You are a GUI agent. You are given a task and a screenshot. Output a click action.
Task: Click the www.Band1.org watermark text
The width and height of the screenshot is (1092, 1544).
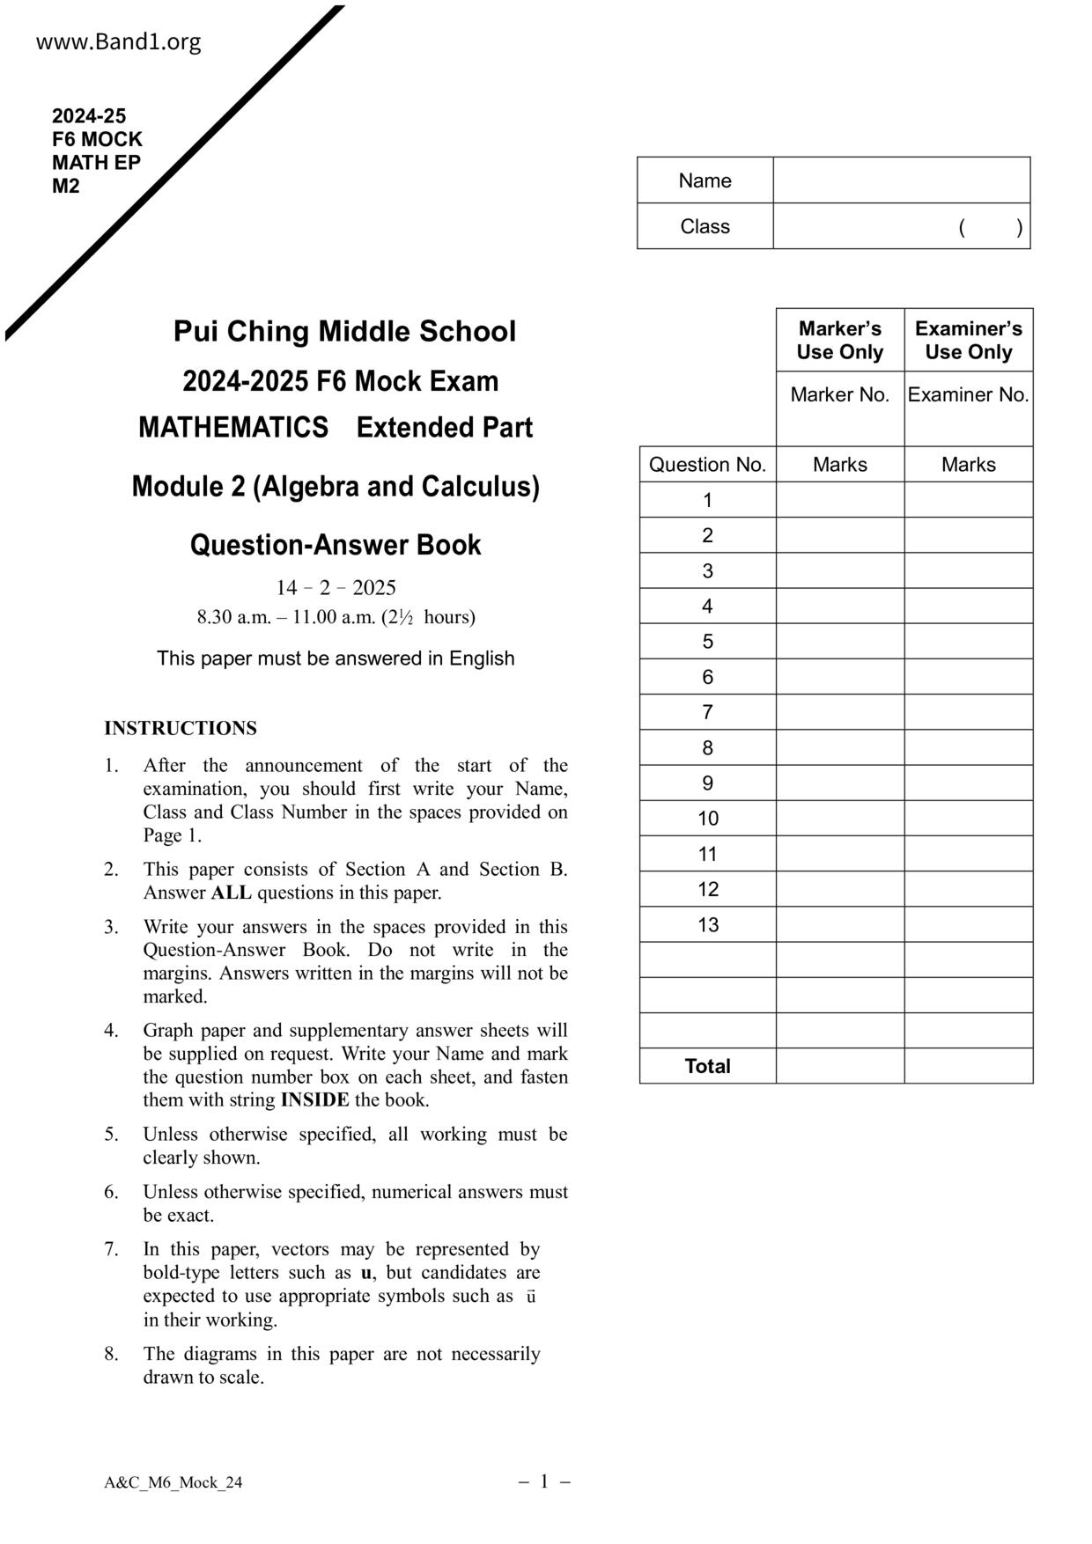tap(118, 42)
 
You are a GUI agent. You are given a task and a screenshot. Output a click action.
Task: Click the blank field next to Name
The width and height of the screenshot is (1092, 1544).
tap(901, 180)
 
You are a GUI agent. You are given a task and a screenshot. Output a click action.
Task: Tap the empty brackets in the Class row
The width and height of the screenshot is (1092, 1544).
tap(991, 227)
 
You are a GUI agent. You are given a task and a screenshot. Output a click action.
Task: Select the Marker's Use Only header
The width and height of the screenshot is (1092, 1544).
tap(839, 340)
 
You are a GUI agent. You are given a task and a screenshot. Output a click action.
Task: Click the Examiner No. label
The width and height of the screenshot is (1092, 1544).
tap(968, 394)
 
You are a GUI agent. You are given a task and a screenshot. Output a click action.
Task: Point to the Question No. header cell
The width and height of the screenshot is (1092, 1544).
tap(707, 465)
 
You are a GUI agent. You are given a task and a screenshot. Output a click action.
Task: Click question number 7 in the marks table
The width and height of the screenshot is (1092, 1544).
tap(707, 712)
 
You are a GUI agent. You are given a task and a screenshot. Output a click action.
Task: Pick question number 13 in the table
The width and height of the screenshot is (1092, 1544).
tap(708, 924)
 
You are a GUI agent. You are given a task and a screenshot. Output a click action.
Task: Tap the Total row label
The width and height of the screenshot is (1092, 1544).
tap(707, 1066)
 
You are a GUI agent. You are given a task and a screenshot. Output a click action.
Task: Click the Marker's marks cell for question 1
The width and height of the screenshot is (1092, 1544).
tap(839, 500)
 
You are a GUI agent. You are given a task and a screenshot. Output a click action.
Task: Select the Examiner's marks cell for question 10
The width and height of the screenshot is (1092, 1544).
tap(968, 819)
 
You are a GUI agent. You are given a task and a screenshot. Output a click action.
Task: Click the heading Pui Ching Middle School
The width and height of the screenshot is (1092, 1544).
tap(344, 332)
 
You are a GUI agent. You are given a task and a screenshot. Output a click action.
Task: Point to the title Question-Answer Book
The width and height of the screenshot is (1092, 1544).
tap(336, 545)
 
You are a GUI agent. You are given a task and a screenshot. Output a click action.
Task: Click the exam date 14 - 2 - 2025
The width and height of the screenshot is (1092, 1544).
tap(336, 587)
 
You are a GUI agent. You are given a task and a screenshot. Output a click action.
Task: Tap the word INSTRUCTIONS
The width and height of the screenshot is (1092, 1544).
tap(181, 728)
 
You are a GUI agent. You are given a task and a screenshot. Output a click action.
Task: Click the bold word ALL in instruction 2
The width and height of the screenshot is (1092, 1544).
tap(231, 893)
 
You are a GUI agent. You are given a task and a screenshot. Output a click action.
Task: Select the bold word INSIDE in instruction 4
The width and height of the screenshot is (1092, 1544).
tap(314, 1099)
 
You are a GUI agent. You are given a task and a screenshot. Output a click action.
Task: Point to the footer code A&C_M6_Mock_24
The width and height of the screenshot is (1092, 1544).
tap(173, 1482)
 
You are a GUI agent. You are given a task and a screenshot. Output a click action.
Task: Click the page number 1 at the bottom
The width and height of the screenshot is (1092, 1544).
tap(544, 1482)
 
